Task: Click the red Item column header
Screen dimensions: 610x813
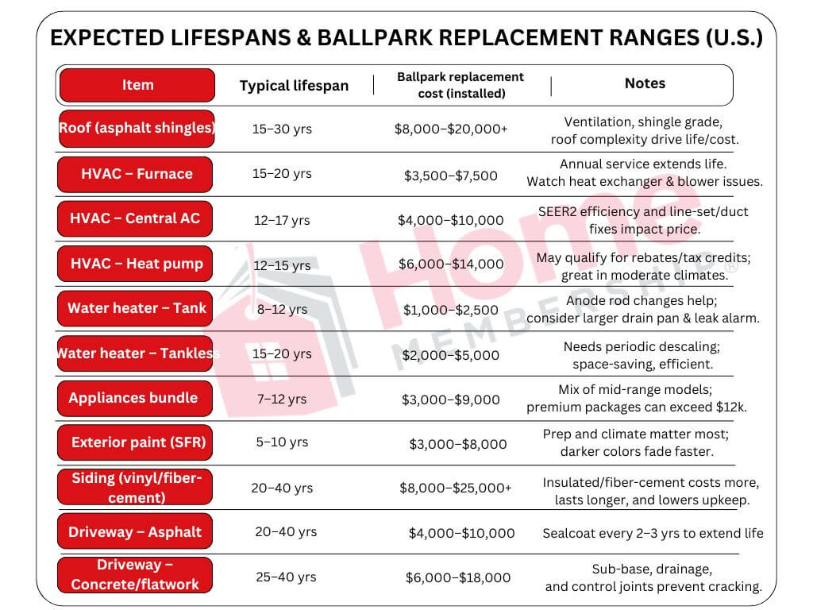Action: point(137,85)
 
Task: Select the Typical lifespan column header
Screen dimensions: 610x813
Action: point(294,86)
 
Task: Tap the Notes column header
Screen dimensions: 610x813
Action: point(645,83)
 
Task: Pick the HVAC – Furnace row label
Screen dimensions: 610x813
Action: point(136,174)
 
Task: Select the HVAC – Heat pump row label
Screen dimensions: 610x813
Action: point(136,264)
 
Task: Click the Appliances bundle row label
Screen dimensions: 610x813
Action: point(134,398)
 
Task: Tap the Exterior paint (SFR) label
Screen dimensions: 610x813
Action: point(137,442)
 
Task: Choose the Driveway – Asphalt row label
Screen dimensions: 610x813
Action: point(135,531)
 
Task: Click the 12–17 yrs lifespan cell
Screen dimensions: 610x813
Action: point(282,220)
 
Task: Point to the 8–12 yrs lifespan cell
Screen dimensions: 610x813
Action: point(282,309)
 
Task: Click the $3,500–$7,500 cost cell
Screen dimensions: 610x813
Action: point(451,175)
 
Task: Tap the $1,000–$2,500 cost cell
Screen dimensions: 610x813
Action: point(451,310)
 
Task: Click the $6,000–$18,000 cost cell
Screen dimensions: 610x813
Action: point(458,577)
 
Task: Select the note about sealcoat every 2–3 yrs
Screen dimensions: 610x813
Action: point(653,533)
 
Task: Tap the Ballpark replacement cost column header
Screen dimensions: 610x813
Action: point(460,85)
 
